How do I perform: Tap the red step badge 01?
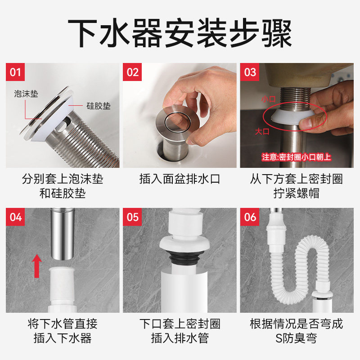(16, 72)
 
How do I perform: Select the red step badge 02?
(133, 72)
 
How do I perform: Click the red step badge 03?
(250, 72)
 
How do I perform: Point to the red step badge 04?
(16, 217)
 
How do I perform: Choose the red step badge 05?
(133, 217)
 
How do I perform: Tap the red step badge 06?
(250, 217)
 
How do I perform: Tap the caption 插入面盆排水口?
(180, 179)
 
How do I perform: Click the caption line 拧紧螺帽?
(296, 194)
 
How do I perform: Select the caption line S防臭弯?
(296, 338)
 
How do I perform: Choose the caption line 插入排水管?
(180, 338)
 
